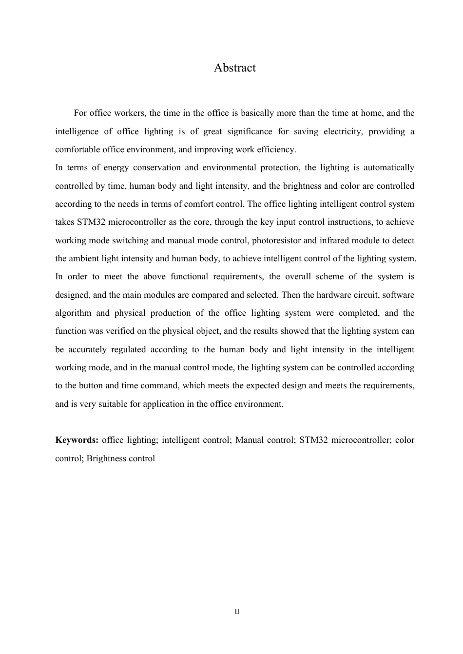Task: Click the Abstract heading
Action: (234, 68)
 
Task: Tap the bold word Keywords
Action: (77, 440)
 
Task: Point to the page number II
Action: (237, 611)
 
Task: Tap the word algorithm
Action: (73, 313)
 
